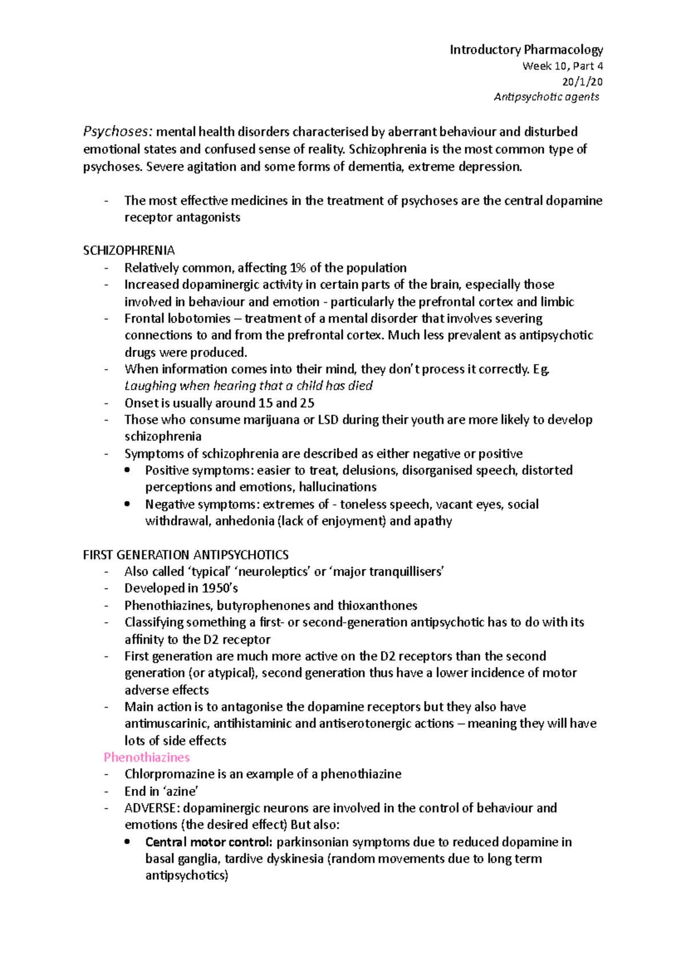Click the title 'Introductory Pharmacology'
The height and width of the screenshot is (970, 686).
pos(526,50)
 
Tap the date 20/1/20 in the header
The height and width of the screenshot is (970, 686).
pos(582,82)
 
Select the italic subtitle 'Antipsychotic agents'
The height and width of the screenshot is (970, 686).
pos(546,97)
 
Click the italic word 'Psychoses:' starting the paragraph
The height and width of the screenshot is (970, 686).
pos(118,132)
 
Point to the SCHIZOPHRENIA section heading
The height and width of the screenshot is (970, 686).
pos(129,251)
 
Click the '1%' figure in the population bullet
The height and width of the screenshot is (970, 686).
pos(298,268)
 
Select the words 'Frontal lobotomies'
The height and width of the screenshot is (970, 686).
pos(177,318)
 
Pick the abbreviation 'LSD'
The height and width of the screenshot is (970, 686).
pos(328,420)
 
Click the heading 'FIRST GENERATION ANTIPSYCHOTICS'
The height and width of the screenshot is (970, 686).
pos(186,555)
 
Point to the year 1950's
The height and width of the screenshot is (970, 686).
pos(220,588)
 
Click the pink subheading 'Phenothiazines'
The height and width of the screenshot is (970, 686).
pos(146,757)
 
